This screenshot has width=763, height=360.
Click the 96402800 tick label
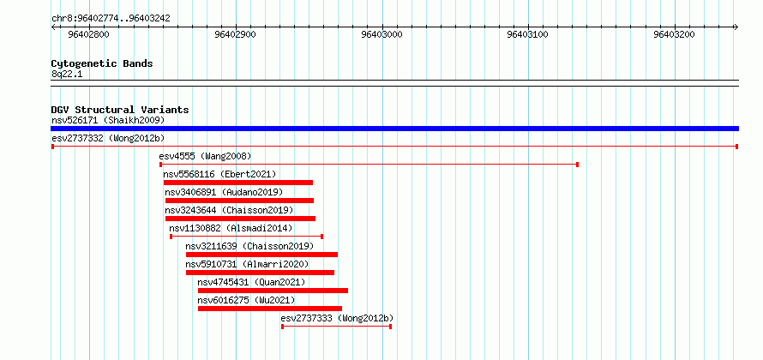click(88, 34)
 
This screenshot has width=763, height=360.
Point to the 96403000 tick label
click(382, 34)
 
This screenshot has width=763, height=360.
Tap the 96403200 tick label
click(674, 34)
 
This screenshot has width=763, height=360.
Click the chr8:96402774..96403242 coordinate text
click(111, 19)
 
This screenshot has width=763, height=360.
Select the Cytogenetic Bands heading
click(102, 63)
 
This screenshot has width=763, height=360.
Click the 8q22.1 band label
click(67, 74)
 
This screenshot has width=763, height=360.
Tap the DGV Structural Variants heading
click(120, 110)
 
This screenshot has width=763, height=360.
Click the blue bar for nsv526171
click(394, 129)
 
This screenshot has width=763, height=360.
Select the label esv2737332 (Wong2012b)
click(108, 138)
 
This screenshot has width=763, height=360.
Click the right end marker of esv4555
click(577, 165)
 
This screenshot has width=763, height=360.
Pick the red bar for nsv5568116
click(238, 183)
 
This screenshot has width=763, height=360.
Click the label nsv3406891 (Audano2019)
click(224, 192)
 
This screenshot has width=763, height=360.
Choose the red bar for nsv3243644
click(240, 219)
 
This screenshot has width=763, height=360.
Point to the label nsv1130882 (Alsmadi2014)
click(231, 228)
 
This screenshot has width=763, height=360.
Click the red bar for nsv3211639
click(261, 255)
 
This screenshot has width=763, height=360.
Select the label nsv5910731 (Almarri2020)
click(247, 264)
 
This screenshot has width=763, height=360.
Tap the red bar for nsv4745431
click(273, 291)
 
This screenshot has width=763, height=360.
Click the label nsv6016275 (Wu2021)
click(246, 300)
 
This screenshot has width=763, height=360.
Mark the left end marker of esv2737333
click(282, 327)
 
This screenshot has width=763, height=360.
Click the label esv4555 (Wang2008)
click(205, 156)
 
